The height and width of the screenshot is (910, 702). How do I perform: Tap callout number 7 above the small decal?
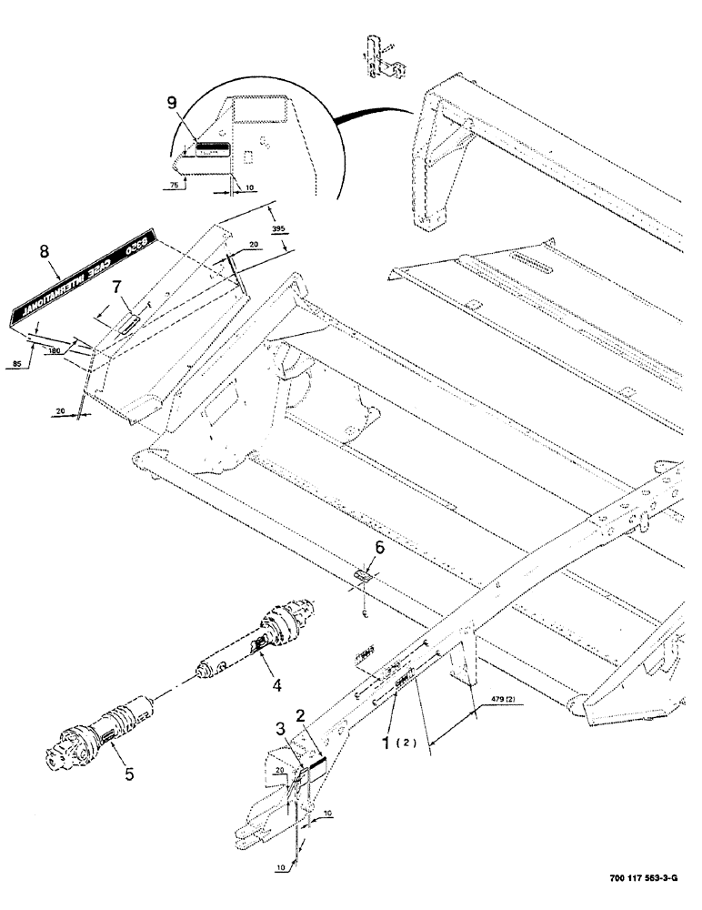(x=115, y=288)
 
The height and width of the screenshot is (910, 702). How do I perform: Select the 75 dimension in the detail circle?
(x=173, y=184)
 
